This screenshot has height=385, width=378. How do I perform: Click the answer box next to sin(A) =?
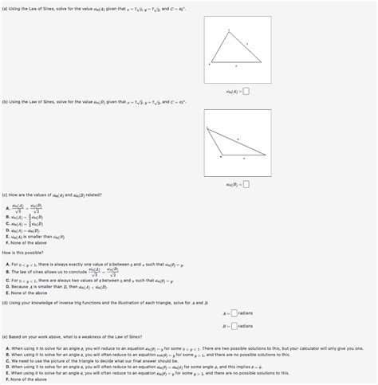(246, 89)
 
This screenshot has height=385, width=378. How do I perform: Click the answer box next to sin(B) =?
(246, 184)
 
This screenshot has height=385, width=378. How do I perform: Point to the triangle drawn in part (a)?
(234, 49)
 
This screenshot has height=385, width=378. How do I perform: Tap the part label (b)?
(6, 101)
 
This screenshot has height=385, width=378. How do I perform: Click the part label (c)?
(6, 194)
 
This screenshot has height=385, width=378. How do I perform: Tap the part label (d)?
(6, 302)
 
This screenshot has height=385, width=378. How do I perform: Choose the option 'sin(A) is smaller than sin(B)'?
(35, 236)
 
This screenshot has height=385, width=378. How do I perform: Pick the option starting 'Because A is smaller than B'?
(48, 286)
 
